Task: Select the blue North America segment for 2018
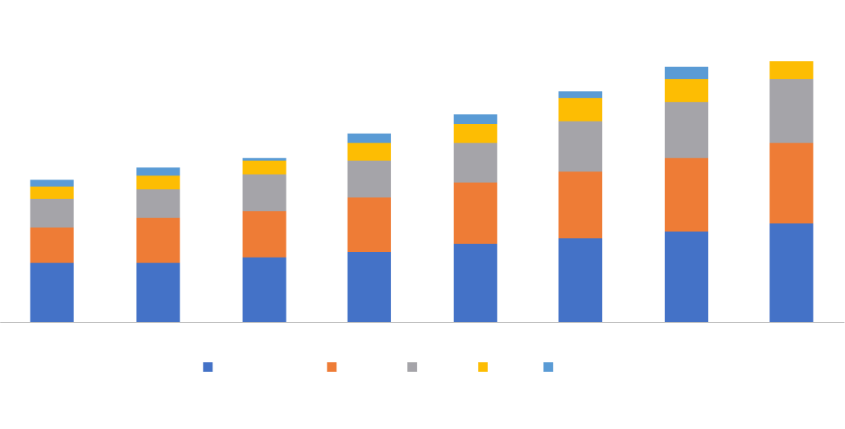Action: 52,292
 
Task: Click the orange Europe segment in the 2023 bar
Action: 580,204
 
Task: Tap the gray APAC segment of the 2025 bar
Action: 791,110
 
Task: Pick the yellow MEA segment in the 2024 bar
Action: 686,90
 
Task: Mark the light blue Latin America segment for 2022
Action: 475,119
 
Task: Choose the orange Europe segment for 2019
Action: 158,240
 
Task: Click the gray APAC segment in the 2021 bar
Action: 369,179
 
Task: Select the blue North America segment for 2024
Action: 686,276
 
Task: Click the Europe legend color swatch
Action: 332,368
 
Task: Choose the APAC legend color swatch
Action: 412,368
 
